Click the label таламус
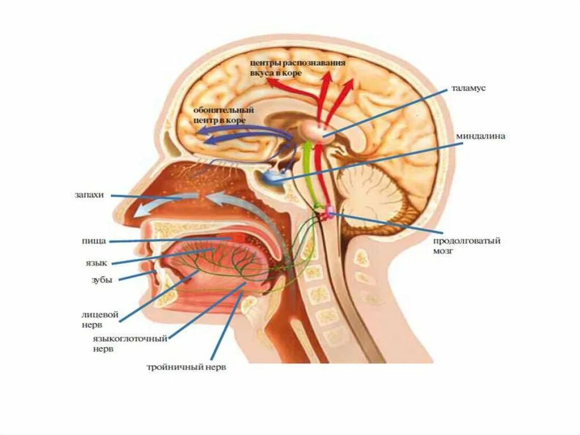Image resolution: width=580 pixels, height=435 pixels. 469,89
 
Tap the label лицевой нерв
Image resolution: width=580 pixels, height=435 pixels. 93,319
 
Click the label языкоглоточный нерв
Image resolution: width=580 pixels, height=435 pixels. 130,344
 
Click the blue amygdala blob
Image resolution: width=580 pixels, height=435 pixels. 273,178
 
